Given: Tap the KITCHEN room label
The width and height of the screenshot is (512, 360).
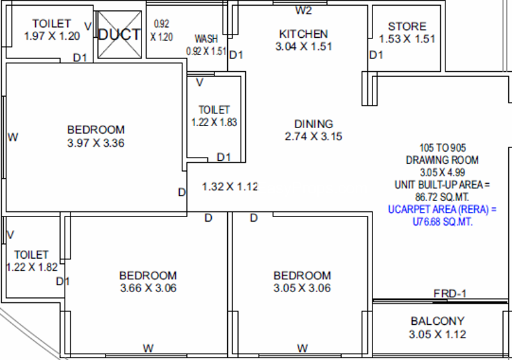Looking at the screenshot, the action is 303,34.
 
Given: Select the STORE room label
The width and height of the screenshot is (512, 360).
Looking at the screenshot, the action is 407,26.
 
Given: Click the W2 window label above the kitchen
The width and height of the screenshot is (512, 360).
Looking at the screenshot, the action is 303,10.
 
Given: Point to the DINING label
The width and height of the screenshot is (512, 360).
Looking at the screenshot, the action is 314,124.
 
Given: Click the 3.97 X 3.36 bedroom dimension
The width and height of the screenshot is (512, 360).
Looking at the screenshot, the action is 95,143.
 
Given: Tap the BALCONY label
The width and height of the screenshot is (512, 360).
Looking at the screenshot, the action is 438,321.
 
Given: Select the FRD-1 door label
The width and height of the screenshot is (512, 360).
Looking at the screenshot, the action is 450,293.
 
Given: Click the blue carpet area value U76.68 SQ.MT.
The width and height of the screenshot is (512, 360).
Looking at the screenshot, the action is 442,222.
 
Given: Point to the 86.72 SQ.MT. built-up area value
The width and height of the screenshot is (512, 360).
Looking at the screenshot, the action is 442,197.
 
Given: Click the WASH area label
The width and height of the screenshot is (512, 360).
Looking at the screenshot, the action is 206,39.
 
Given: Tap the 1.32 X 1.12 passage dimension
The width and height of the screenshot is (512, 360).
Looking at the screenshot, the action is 230,186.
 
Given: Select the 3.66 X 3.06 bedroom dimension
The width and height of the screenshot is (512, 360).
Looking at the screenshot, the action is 148,288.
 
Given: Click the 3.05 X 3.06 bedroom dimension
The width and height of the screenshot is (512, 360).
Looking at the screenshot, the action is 302,288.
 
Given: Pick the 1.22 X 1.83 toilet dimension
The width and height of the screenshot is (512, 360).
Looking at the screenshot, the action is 214,122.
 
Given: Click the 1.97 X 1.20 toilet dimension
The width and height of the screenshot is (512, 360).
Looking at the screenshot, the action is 52,36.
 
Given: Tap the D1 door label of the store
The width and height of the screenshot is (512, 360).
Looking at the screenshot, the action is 376,55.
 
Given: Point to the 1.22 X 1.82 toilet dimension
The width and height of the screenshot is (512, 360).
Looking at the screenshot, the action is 32,267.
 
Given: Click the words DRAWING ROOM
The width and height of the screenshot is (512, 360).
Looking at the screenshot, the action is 442,160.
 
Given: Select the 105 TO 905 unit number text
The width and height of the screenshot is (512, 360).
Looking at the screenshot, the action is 442,148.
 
